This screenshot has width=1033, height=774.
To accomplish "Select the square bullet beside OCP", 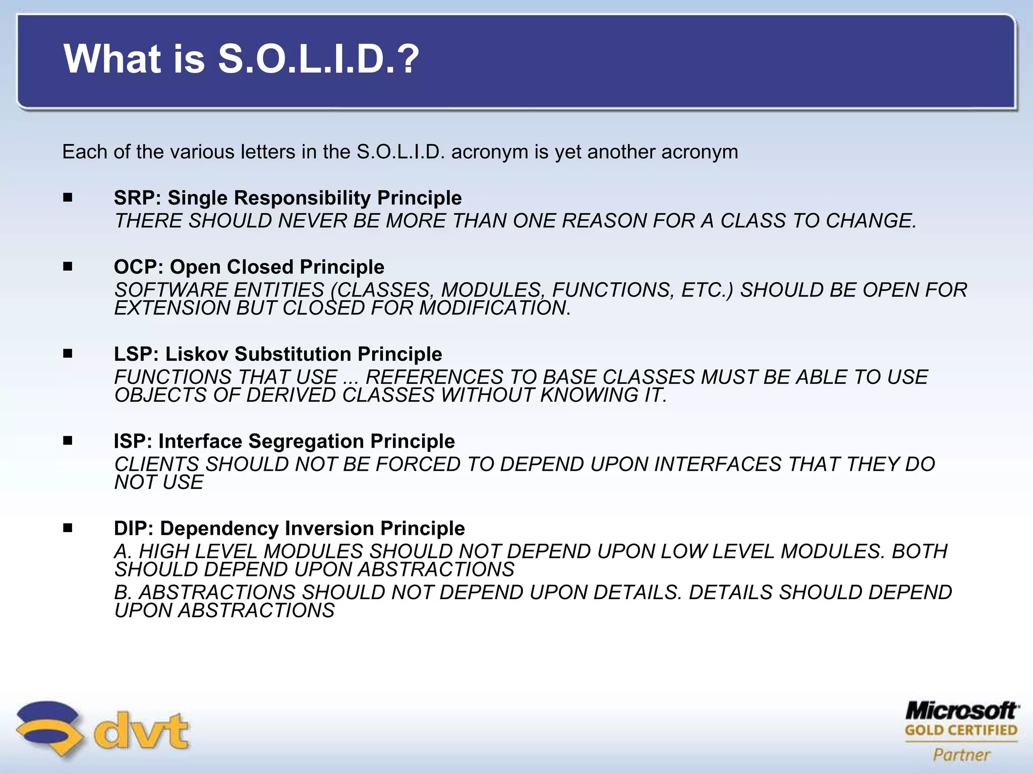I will (x=68, y=267).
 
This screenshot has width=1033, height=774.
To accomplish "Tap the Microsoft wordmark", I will (x=961, y=711).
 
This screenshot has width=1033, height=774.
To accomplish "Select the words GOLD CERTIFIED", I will (x=961, y=731).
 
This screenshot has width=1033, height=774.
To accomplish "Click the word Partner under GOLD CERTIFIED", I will (x=961, y=755).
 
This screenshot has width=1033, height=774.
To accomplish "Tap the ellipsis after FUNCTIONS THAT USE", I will (x=350, y=378).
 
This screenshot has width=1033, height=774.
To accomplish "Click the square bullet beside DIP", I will (x=68, y=528).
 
